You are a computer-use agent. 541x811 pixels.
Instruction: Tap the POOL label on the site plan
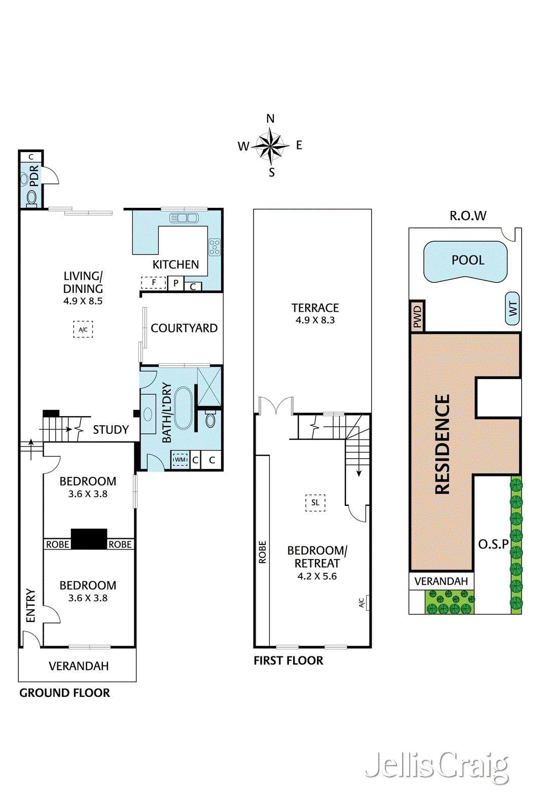point(468,260)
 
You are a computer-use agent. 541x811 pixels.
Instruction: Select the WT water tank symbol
point(512,308)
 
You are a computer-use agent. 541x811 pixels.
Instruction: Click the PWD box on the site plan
point(417,316)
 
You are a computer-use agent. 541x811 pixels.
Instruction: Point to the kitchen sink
point(184,218)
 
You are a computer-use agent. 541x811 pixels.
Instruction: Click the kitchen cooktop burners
point(214,247)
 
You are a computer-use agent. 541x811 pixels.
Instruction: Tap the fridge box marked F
point(154,282)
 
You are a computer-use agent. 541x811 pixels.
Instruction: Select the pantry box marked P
point(175,283)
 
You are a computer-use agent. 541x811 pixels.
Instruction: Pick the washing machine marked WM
point(180,459)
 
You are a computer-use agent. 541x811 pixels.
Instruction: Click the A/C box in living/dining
point(83,329)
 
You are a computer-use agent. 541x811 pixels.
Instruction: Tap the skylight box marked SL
point(315,502)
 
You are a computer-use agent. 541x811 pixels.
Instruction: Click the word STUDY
point(111,430)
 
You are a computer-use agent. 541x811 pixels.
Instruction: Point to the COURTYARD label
point(184,328)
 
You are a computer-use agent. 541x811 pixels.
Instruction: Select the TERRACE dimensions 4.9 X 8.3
point(315,320)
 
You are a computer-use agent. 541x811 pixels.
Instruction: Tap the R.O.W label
point(468,216)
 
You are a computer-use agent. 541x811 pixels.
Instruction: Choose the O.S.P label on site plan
point(493,544)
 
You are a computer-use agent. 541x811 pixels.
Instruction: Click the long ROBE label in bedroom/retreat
point(263,552)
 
